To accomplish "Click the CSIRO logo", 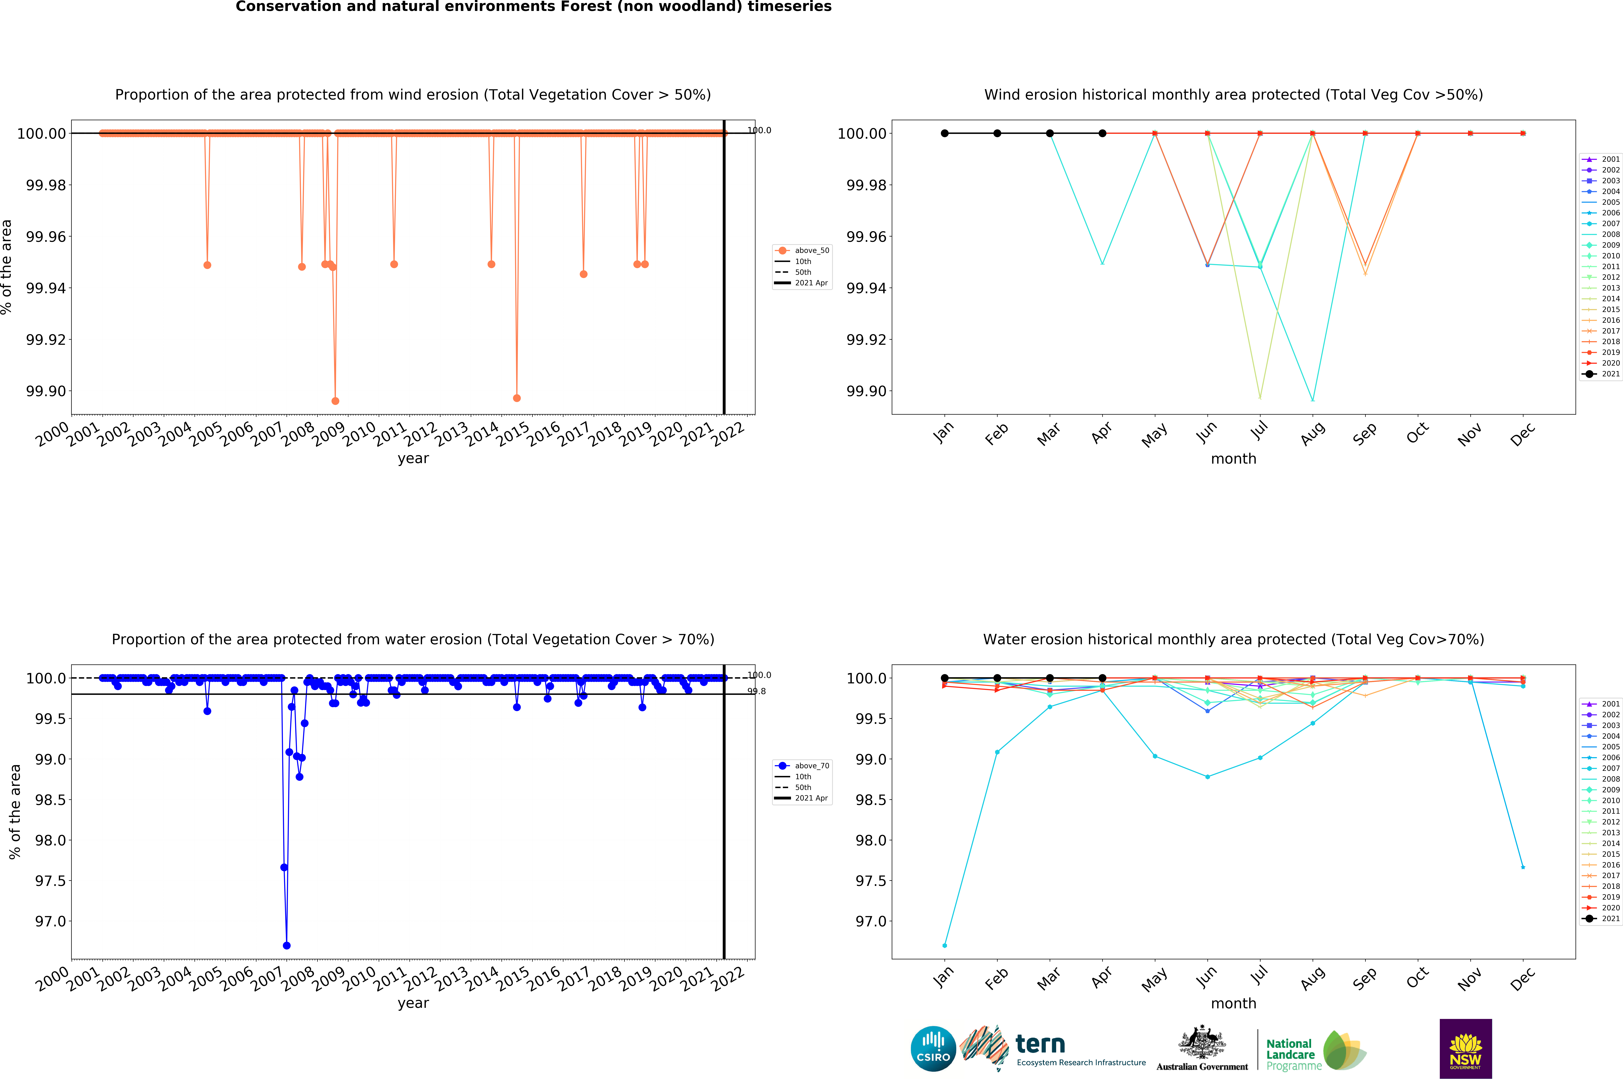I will point(933,1048).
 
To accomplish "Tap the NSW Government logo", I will point(1465,1048).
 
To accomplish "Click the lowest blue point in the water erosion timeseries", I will point(287,946).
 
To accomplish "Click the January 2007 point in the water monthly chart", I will point(945,946).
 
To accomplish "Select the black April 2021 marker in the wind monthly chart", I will point(1103,134).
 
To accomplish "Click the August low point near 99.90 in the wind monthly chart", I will point(1313,400).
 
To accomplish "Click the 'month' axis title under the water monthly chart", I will point(1233,1003).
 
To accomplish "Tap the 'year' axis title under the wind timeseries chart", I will point(413,458).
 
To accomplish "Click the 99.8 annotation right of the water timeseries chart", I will point(757,692).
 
